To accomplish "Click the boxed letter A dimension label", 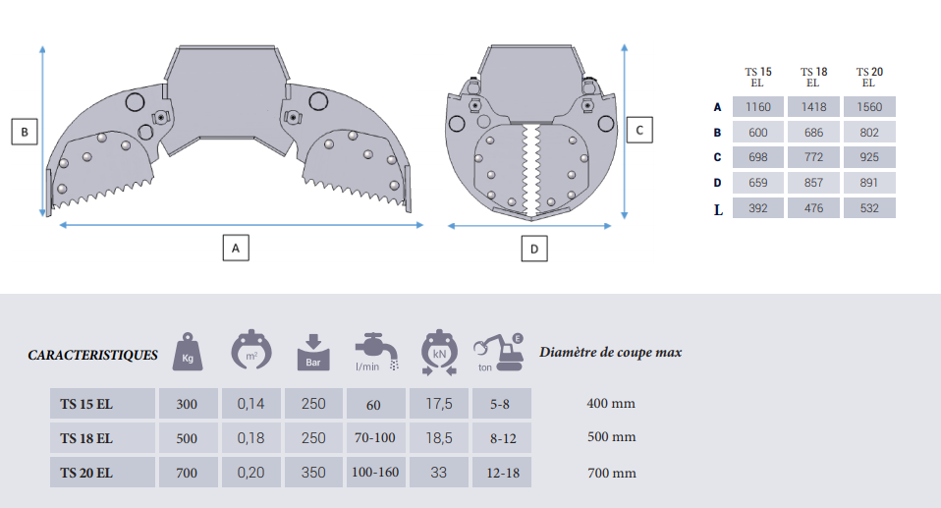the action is pyautogui.click(x=236, y=248).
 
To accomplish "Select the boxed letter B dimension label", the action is pyautogui.click(x=25, y=132).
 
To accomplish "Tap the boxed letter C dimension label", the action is pyautogui.click(x=639, y=130).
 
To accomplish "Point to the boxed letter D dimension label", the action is pyautogui.click(x=534, y=249).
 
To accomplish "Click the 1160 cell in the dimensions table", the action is pyautogui.click(x=758, y=107).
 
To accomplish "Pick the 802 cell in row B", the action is pyautogui.click(x=869, y=132).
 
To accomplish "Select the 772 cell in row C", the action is pyautogui.click(x=813, y=157).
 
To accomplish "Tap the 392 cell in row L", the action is pyautogui.click(x=758, y=208).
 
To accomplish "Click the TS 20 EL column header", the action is pyautogui.click(x=869, y=78).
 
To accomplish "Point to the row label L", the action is pyautogui.click(x=718, y=210).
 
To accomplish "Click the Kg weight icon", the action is pyautogui.click(x=188, y=352).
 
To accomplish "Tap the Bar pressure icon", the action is pyautogui.click(x=313, y=353).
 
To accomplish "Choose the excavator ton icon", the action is pyautogui.click(x=498, y=353).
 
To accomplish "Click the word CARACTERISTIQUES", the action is pyautogui.click(x=93, y=355).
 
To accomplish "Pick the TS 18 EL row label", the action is pyautogui.click(x=86, y=438).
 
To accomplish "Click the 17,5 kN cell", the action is pyautogui.click(x=439, y=404).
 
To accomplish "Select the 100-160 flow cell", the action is pyautogui.click(x=375, y=472).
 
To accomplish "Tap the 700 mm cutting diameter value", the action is pyautogui.click(x=612, y=474).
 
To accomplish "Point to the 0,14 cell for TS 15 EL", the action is pyautogui.click(x=250, y=404).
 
